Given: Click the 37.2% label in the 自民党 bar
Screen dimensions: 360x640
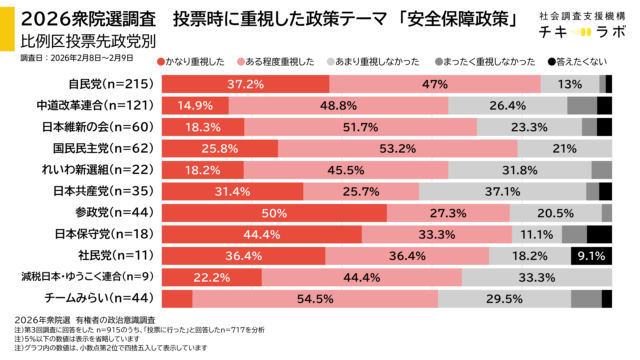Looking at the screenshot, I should (245, 84).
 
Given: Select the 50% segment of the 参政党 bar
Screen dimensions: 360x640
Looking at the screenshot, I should (274, 212).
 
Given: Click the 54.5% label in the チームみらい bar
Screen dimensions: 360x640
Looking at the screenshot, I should (315, 298).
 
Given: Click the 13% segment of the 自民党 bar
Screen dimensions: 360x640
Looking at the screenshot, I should (570, 84).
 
